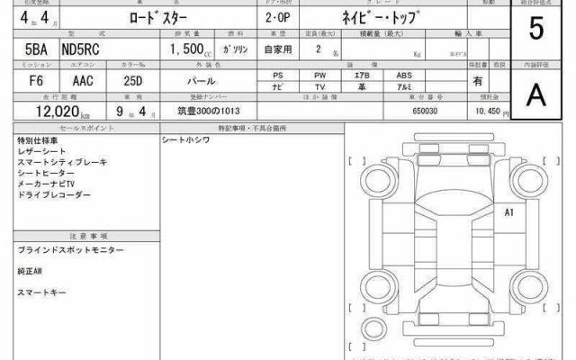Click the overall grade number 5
[x=536, y=31]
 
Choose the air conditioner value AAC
[x=82, y=80]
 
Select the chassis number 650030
[x=425, y=110]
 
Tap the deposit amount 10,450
[x=486, y=110]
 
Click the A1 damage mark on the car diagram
[x=508, y=213]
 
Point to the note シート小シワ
[x=185, y=141]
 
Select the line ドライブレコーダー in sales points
[x=54, y=194]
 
